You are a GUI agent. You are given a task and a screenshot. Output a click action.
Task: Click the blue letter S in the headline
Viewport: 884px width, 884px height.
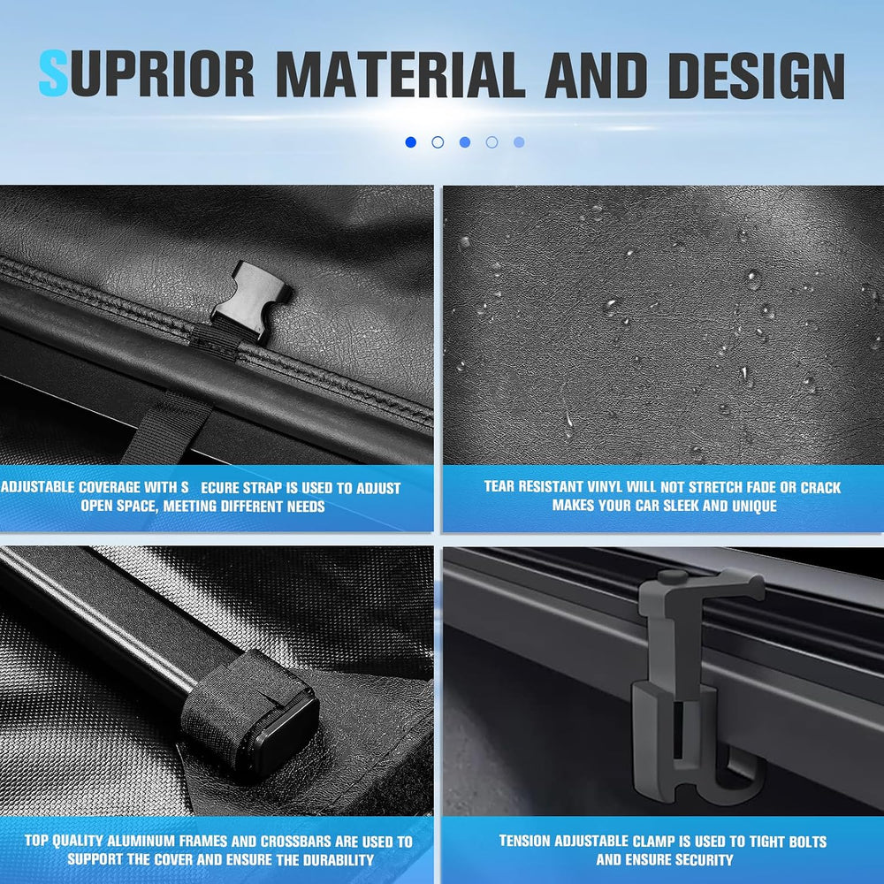click(54, 73)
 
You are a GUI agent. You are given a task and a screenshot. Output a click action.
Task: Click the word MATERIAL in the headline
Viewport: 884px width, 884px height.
click(401, 75)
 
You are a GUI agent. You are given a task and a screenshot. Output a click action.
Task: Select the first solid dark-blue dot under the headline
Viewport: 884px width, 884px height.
click(410, 142)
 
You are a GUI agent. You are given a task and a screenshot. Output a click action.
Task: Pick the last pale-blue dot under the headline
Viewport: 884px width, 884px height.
click(519, 142)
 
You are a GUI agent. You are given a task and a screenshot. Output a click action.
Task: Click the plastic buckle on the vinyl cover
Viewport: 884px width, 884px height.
click(251, 300)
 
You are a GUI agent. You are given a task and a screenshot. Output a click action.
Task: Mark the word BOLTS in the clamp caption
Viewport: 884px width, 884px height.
click(805, 842)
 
